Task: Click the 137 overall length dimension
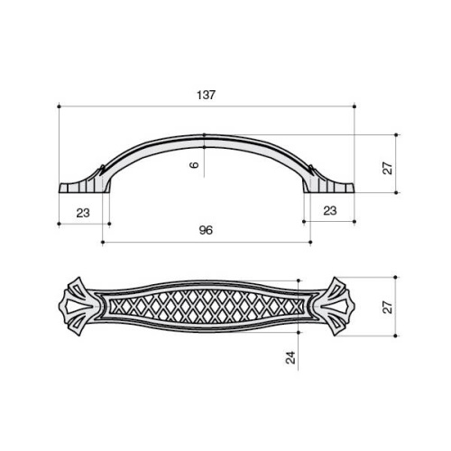pos(207,95)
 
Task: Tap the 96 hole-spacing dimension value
pos(206,230)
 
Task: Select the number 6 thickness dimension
pos(195,164)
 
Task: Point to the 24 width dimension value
pos(290,357)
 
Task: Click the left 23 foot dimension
pos(83,213)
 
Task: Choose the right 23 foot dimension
pos(330,211)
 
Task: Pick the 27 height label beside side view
pos(388,168)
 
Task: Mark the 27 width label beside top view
pos(388,307)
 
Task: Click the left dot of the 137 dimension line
pos(59,106)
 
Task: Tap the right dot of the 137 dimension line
pos(354,106)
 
